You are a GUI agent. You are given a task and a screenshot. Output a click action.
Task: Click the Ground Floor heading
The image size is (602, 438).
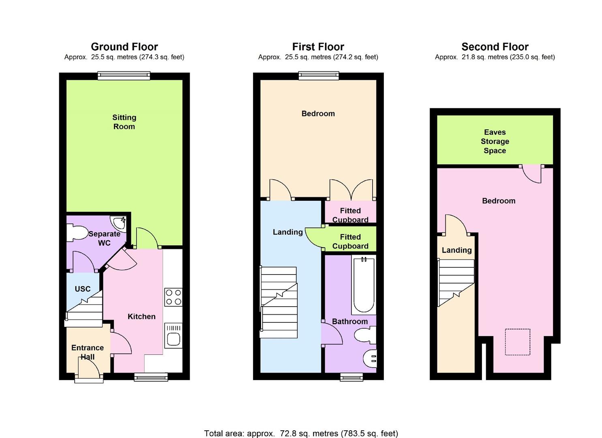click(x=124, y=47)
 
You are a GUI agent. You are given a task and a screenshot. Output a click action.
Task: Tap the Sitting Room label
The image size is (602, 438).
click(x=124, y=122)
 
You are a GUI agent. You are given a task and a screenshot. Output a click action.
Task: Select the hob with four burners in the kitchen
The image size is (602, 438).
click(x=173, y=297)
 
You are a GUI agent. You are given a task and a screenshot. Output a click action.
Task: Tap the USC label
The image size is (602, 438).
click(x=83, y=289)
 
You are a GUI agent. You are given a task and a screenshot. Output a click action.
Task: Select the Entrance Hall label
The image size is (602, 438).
click(x=88, y=352)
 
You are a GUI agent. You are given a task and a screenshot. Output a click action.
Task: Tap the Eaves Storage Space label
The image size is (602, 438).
click(x=495, y=141)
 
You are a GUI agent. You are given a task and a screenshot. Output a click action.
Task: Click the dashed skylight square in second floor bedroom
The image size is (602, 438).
click(x=517, y=342)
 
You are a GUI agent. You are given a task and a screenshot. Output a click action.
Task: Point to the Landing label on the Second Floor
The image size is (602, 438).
click(x=456, y=250)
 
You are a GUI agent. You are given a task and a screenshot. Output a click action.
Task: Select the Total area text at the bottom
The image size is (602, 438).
click(x=301, y=433)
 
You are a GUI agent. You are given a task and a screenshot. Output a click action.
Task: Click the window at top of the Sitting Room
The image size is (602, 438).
click(x=124, y=76)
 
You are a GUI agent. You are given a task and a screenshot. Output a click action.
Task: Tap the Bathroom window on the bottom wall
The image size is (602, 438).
click(x=351, y=377)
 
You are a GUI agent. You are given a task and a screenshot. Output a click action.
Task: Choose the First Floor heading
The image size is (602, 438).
click(x=318, y=47)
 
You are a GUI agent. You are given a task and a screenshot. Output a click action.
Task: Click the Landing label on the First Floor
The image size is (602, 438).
click(x=287, y=232)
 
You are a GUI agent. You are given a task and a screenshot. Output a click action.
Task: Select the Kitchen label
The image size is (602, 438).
click(x=141, y=316)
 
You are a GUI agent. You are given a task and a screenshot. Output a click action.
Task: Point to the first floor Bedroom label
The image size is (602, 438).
click(x=318, y=114)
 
